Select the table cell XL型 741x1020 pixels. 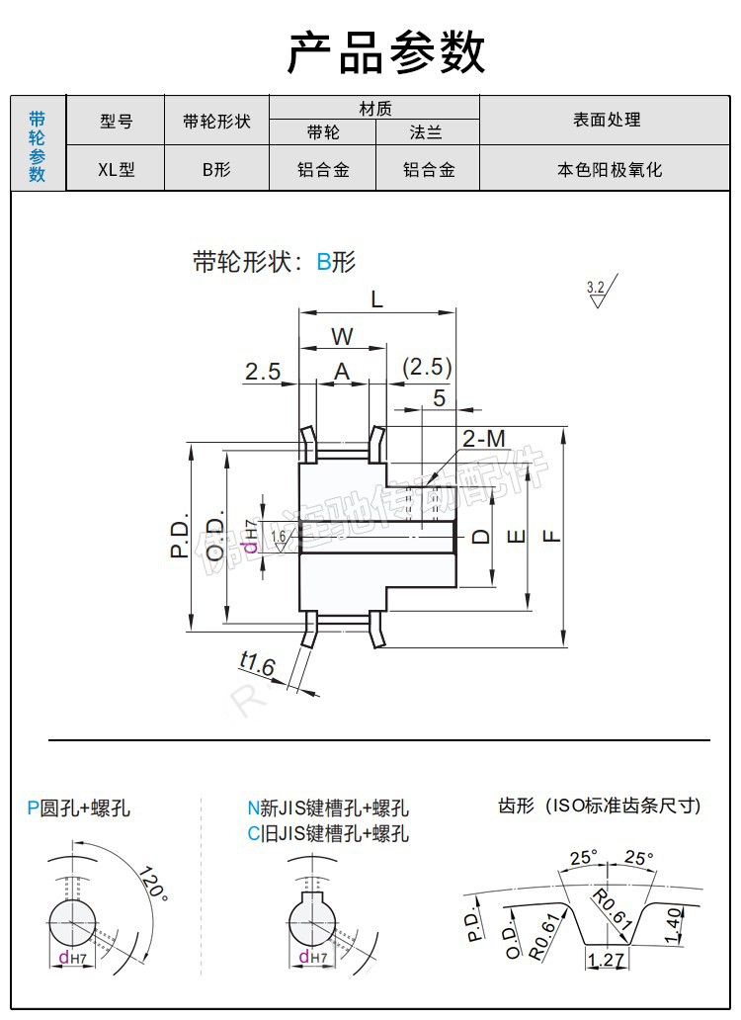tap(116, 169)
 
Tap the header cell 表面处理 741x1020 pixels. tap(607, 120)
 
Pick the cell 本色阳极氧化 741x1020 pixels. tap(607, 169)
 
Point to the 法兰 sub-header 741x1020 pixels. tap(428, 132)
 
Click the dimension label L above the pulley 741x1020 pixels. tap(377, 297)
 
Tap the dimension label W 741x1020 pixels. tap(342, 336)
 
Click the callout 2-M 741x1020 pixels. tap(483, 438)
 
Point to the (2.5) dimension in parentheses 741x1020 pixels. tap(427, 368)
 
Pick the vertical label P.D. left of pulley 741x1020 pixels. tap(179, 535)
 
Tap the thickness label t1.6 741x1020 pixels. tap(257, 663)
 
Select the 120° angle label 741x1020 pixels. tap(152, 882)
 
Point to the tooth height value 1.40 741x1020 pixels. tap(673, 926)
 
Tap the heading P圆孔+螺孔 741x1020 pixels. tap(79, 808)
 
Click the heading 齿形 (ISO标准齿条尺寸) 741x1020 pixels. tap(599, 806)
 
